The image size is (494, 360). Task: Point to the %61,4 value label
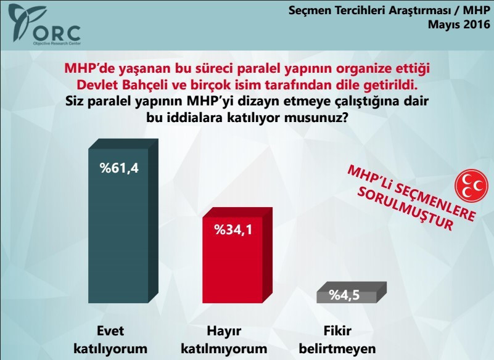click(x=119, y=167)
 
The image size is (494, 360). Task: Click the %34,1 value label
click(x=233, y=231)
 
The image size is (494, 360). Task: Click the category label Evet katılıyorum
click(x=110, y=338)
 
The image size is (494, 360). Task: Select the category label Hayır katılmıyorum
click(x=223, y=338)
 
